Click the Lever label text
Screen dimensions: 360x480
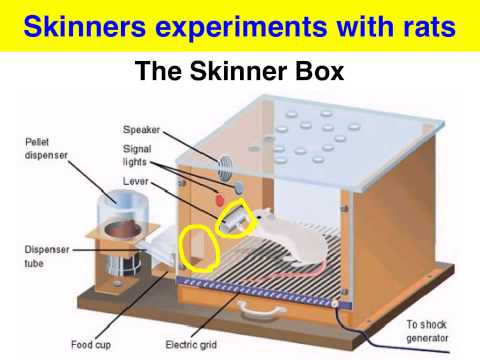[136, 182]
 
